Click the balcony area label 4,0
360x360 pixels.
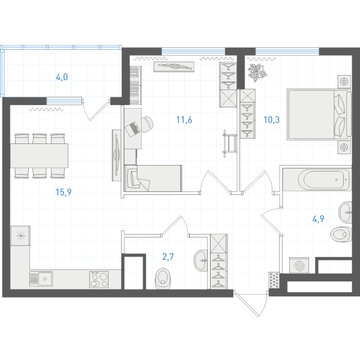point(62,77)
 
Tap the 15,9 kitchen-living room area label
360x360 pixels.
point(64,192)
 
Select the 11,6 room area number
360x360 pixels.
point(184,119)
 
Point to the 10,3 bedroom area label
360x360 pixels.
point(272,119)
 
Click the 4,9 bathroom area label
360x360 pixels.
point(318,219)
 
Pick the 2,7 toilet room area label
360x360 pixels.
point(168,257)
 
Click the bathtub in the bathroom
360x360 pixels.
point(317,179)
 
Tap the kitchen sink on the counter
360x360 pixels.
point(41,279)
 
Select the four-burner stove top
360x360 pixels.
point(99,280)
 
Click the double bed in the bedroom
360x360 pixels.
point(319,115)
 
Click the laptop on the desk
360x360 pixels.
point(133,129)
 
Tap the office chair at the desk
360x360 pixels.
point(146,124)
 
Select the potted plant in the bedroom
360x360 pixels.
point(257,72)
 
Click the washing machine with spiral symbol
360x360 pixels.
point(299,265)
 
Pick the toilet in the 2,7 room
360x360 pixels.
point(163,278)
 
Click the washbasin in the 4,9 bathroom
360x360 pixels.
point(346,212)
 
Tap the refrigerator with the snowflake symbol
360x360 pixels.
point(20,236)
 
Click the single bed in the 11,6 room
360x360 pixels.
point(153,178)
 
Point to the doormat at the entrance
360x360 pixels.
point(274,280)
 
